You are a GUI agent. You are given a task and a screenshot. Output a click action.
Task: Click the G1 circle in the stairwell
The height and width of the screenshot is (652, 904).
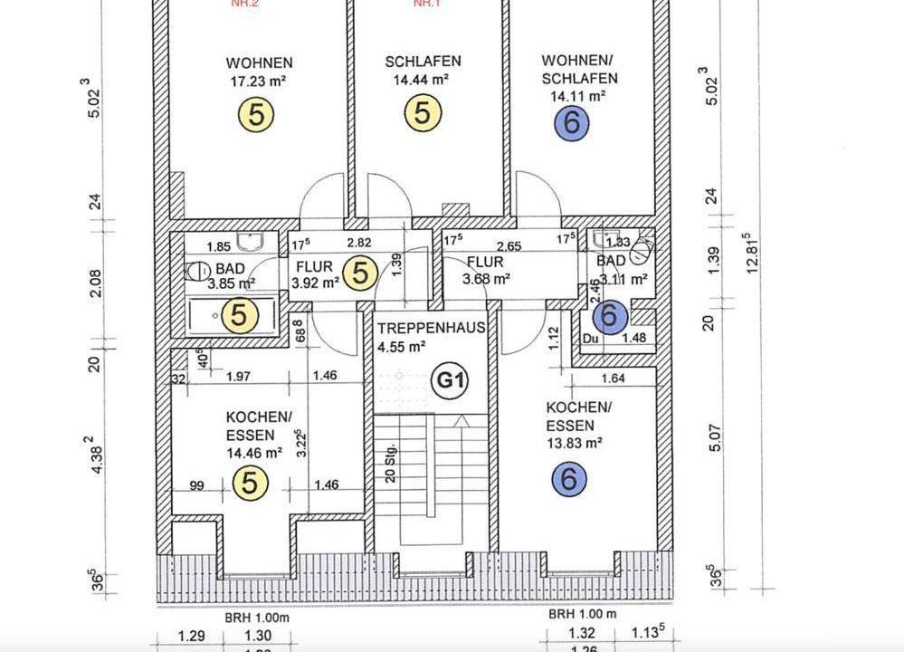pos(450,380)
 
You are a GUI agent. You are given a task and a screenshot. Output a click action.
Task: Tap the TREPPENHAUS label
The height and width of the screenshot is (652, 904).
pos(432,328)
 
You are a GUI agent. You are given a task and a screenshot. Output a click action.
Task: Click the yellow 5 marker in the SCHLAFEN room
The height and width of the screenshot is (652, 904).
pos(423,113)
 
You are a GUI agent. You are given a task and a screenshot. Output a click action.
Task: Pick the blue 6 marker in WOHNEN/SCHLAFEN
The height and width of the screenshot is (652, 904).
pos(571,122)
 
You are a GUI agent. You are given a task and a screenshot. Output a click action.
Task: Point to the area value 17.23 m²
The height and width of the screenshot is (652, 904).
pos(259,81)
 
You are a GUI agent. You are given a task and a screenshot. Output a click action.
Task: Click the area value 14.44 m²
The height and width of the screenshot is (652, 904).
pos(422,80)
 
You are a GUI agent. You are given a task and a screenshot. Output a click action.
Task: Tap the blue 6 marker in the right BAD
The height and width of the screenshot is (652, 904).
pos(609,316)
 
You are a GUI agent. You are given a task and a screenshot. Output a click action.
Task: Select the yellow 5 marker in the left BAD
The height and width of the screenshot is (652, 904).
pos(240,315)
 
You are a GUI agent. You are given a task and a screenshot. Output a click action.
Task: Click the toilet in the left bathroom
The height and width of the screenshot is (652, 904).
pos(196,270)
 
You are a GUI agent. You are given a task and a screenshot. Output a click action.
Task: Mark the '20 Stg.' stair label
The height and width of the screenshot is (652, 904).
pos(391,463)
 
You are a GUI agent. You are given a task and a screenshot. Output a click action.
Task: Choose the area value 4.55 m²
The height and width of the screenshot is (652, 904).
pos(402,346)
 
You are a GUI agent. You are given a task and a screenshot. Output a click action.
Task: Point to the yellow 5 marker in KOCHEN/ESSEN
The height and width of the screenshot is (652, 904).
pos(249,484)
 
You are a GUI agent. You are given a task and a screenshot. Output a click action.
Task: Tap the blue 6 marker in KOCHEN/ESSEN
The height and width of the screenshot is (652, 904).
pos(568,478)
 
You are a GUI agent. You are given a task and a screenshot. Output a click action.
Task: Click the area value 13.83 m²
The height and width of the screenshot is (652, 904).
pos(574,443)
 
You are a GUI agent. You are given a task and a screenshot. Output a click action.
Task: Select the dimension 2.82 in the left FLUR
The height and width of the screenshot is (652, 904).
pos(359,243)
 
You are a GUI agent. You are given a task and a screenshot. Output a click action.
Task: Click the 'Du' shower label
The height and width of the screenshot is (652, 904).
pos(591,339)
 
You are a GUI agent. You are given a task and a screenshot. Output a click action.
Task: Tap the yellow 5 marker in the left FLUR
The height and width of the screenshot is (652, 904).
pos(360,272)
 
